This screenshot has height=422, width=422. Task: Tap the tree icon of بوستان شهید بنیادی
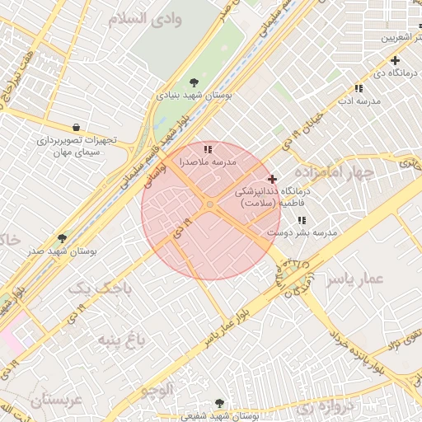(194, 82)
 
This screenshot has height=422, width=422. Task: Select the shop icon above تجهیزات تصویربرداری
(77, 127)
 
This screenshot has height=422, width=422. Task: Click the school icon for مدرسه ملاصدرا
(209, 149)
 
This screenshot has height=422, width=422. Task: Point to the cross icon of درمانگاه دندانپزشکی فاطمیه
(273, 179)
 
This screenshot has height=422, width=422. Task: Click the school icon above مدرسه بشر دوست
(302, 220)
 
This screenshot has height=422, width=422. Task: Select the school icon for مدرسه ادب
(359, 88)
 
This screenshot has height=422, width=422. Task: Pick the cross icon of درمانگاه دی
(396, 60)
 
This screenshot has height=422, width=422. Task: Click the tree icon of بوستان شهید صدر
(62, 238)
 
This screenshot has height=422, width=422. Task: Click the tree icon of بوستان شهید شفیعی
(219, 403)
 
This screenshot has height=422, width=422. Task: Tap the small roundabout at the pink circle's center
(211, 204)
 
